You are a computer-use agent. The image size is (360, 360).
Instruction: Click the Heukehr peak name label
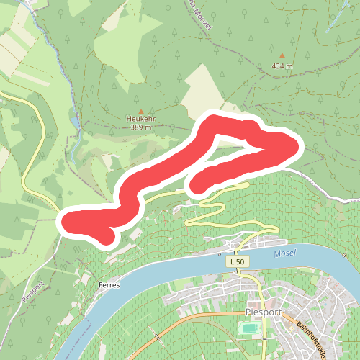pos(140,119)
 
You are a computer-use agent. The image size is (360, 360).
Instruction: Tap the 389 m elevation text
pos(140,127)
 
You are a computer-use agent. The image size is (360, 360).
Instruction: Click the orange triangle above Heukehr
pos(140,111)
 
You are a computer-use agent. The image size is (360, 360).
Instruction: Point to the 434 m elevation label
pos(283,66)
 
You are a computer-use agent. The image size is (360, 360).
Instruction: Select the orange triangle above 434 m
pos(282,55)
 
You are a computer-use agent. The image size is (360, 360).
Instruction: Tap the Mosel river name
pos(285,254)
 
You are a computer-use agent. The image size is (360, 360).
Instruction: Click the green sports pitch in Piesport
pos(249,328)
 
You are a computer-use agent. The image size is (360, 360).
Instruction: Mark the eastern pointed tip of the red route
pos(294,148)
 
